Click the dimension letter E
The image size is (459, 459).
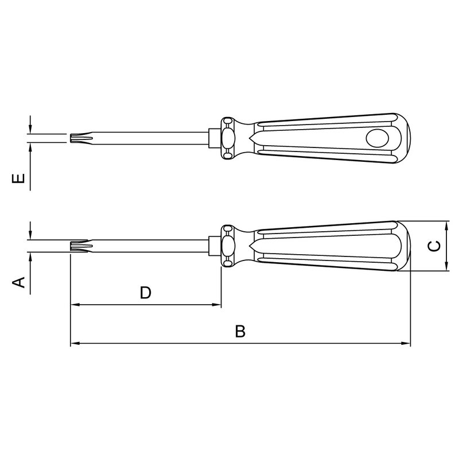18,178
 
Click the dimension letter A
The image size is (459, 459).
18,282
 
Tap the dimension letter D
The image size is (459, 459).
145,293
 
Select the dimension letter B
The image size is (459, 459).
240,331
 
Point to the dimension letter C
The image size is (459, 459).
434,246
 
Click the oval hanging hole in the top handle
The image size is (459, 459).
378,138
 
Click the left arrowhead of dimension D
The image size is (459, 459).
75,305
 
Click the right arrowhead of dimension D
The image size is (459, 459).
217,305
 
